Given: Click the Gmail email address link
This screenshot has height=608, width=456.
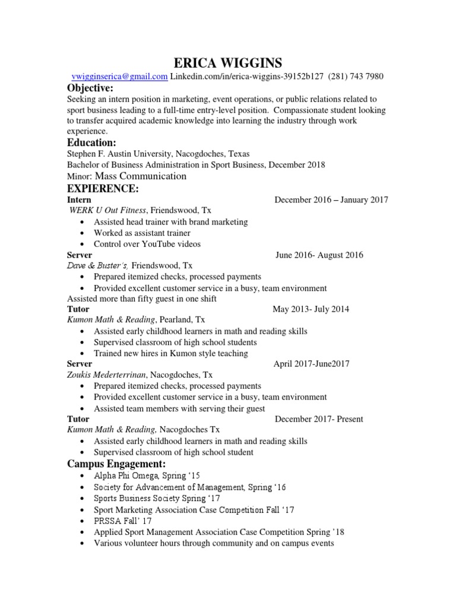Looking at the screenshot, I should click(x=119, y=76).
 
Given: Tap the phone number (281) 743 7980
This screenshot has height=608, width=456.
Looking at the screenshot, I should click(x=354, y=76).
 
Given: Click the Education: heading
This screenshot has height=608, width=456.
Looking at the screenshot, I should click(x=91, y=142).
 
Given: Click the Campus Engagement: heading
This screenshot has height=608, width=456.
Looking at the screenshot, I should click(x=116, y=463).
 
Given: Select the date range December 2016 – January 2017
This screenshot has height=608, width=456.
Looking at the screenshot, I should click(x=331, y=200).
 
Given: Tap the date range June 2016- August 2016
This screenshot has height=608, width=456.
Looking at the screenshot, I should click(x=319, y=255).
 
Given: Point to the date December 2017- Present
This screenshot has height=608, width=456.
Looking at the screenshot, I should click(x=319, y=419).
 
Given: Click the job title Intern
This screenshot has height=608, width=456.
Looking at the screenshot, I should click(x=79, y=200).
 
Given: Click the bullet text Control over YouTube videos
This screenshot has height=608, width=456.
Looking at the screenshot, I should click(x=147, y=244).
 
